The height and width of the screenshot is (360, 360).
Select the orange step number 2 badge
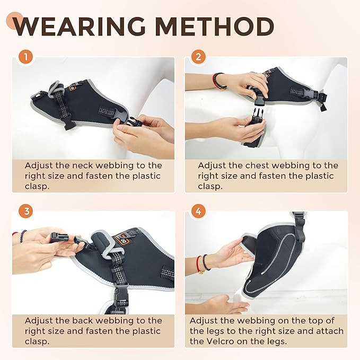[198, 56]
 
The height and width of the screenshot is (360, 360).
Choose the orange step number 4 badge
[198, 211]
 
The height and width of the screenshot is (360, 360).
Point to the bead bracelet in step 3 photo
[22, 235]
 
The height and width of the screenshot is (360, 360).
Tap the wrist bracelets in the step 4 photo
[203, 262]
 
